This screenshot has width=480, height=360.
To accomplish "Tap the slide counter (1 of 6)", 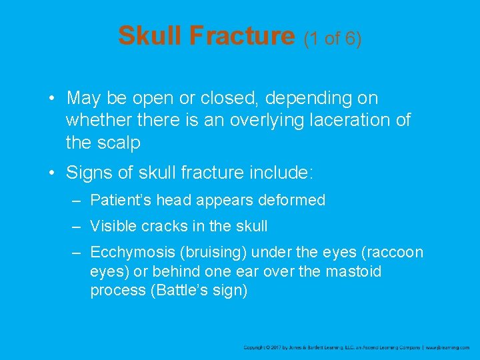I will click(x=333, y=39).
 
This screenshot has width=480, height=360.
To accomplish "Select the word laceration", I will click(x=345, y=121).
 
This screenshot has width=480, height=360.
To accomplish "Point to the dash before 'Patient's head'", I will click(x=77, y=200).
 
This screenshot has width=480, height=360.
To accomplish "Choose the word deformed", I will click(x=294, y=200).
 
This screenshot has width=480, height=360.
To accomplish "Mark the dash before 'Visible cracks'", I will click(x=77, y=227).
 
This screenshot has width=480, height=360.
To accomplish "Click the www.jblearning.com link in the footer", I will click(x=447, y=347).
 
